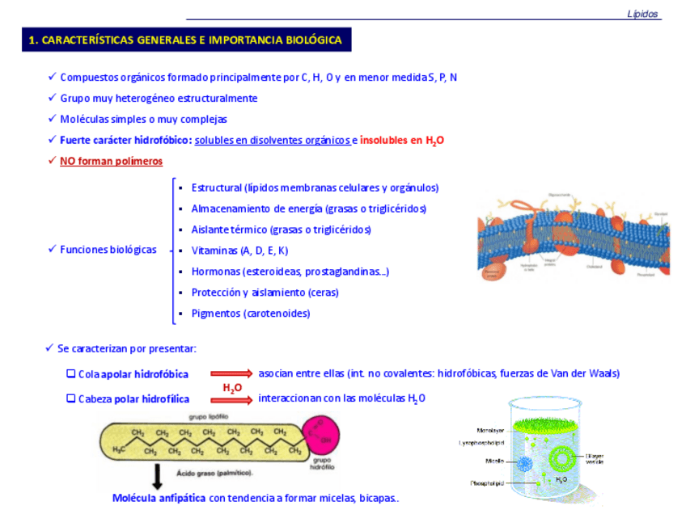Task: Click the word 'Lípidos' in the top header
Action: [x=643, y=14]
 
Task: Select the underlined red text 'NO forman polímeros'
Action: [x=111, y=161]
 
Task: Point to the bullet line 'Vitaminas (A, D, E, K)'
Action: [x=239, y=251]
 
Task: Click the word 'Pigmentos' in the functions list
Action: [x=215, y=314]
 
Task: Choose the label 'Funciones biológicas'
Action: [x=108, y=250]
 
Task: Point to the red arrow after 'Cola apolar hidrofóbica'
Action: [x=231, y=373]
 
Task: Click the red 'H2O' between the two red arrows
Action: [x=233, y=388]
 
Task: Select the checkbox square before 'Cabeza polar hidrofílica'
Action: [x=71, y=398]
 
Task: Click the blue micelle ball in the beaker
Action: [x=523, y=463]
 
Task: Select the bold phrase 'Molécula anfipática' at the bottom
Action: [x=159, y=498]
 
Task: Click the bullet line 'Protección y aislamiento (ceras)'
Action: [x=265, y=293]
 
